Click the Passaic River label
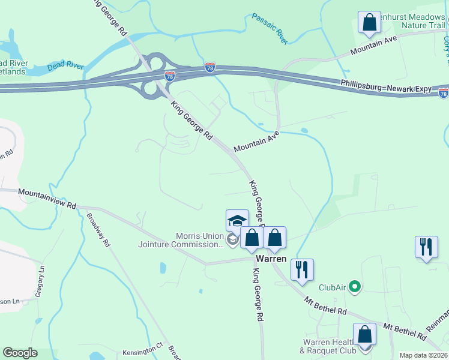270,29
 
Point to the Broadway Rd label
99,230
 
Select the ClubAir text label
332,287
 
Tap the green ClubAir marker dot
354,287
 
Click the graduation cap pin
237,220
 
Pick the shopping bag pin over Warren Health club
364,334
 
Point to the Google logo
20,353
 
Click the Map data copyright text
423,355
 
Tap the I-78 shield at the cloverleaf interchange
170,76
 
